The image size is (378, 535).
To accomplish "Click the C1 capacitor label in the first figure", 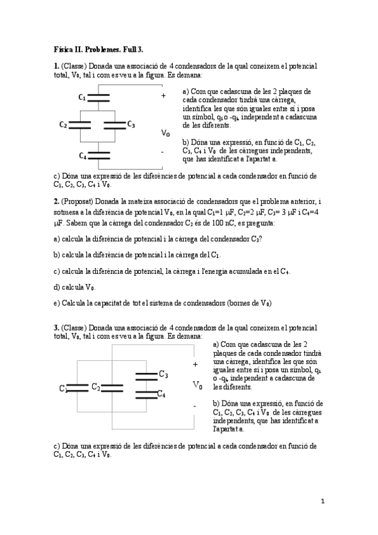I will pyautogui.click(x=82, y=97).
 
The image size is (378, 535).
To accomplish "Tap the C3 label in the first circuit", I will pyautogui.click(x=131, y=124).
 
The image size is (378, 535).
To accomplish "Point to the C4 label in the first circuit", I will pyautogui.click(x=82, y=155).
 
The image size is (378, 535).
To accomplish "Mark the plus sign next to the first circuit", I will pyautogui.click(x=163, y=96).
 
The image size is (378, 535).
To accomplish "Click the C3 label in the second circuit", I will pyautogui.click(x=163, y=374).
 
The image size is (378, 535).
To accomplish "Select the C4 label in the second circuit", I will pyautogui.click(x=161, y=394).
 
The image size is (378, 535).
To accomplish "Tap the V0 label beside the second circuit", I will pyautogui.click(x=198, y=385).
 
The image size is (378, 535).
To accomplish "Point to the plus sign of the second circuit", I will pyautogui.click(x=195, y=364).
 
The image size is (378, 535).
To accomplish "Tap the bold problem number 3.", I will pyautogui.click(x=56, y=327).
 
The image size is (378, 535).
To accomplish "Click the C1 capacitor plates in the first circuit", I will pyautogui.click(x=100, y=97).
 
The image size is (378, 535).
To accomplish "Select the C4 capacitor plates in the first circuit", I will pyautogui.click(x=100, y=155).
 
